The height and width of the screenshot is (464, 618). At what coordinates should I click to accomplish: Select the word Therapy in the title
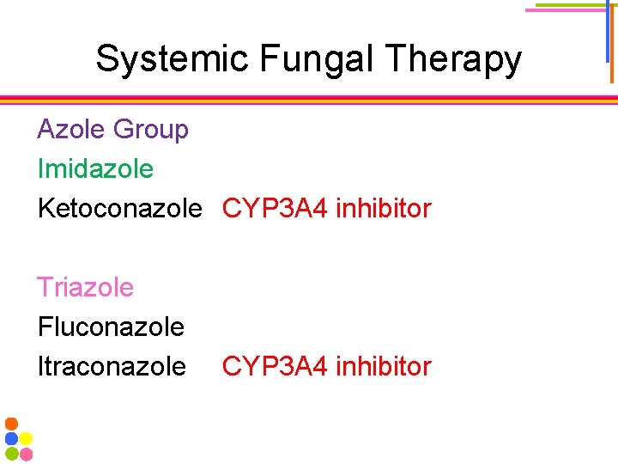pyautogui.click(x=454, y=59)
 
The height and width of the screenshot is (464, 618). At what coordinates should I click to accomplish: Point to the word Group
pyautogui.click(x=150, y=130)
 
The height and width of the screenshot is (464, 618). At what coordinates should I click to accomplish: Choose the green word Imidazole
pyautogui.click(x=95, y=168)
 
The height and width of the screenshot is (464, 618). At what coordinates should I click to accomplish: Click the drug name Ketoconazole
pyautogui.click(x=119, y=208)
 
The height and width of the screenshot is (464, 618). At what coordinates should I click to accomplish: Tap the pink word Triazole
pyautogui.click(x=85, y=287)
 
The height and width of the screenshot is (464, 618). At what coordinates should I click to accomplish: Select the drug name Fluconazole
pyautogui.click(x=111, y=327)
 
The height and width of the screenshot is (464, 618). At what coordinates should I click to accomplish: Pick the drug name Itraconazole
pyautogui.click(x=112, y=366)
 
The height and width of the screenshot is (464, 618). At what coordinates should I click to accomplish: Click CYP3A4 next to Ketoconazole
pyautogui.click(x=275, y=208)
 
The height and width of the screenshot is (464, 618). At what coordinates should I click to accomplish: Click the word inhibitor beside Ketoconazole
pyautogui.click(x=383, y=208)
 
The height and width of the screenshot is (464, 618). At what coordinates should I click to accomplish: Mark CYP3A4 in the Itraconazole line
pyautogui.click(x=275, y=366)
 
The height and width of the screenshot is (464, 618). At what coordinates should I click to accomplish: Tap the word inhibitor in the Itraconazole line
pyautogui.click(x=383, y=366)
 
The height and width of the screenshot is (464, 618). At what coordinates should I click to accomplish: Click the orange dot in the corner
pyautogui.click(x=11, y=424)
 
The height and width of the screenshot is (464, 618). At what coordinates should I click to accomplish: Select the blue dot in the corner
pyautogui.click(x=11, y=438)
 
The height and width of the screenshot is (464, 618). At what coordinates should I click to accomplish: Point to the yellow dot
pyautogui.click(x=26, y=438)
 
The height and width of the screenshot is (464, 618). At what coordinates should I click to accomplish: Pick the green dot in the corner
pyautogui.click(x=11, y=453)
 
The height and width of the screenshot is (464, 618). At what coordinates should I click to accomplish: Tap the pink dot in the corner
pyautogui.click(x=26, y=453)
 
